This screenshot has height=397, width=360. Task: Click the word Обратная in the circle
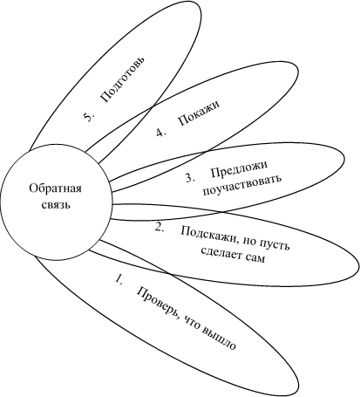tap(55, 188)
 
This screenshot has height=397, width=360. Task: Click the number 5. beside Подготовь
tap(89, 117)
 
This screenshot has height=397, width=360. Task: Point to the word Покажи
tap(199, 113)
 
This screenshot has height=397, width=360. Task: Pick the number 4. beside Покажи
tap(160, 133)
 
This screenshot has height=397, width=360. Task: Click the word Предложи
tap(239, 169)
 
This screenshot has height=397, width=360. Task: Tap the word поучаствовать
tap(242, 185)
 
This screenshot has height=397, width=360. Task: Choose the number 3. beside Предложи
tap(190, 178)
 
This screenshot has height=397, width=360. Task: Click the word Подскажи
tap(211, 234)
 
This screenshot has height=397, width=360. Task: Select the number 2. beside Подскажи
tap(160, 227)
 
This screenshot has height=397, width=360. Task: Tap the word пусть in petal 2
tap(275, 246)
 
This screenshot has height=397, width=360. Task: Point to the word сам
tap(256, 258)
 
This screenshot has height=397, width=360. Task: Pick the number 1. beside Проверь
tap(119, 278)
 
